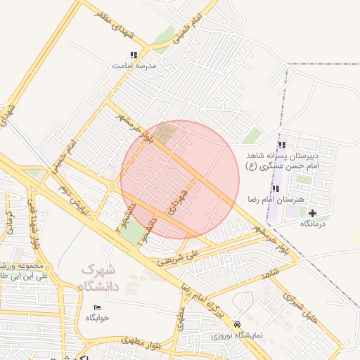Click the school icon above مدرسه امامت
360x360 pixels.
[134, 55]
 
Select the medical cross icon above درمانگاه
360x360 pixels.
[313, 213]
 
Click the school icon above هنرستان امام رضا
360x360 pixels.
[276, 188]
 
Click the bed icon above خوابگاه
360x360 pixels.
[98, 308]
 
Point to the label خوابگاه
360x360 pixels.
[98, 319]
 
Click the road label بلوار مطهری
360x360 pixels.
[141, 342]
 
